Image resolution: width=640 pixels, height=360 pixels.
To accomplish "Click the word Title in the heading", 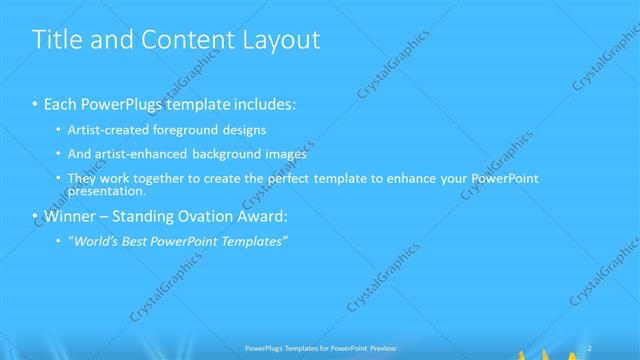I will pyautogui.click(x=58, y=40).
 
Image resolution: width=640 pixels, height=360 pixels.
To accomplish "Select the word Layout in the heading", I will pyautogui.click(x=281, y=40).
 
